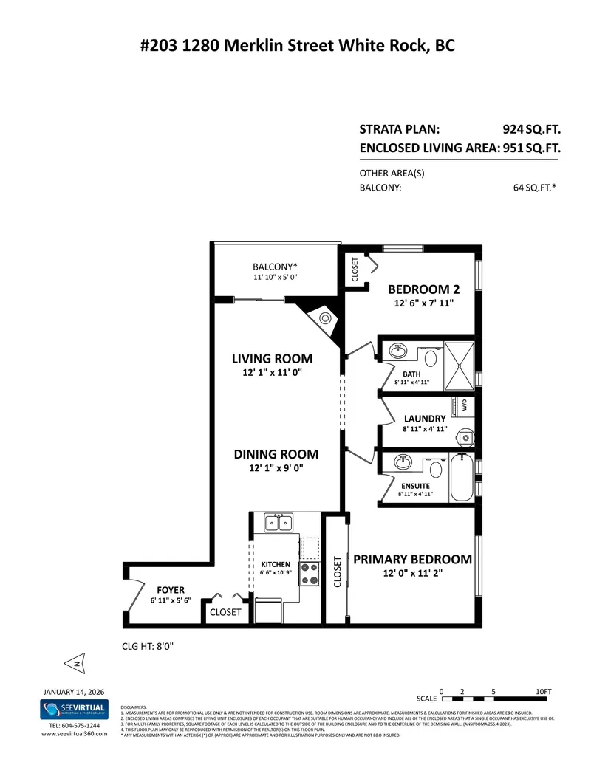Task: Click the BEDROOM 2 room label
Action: (419, 289)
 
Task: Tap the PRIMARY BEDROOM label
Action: (412, 559)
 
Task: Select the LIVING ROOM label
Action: (272, 359)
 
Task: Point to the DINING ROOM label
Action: (276, 454)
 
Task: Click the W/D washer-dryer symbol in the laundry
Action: (465, 405)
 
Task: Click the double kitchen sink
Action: (279, 523)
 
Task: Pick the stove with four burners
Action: (309, 574)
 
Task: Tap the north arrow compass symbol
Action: (75, 663)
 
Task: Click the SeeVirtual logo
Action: (74, 710)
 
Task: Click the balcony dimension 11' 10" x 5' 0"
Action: (275, 278)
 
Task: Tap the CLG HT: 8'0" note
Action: (147, 646)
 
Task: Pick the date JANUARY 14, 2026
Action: (74, 692)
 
